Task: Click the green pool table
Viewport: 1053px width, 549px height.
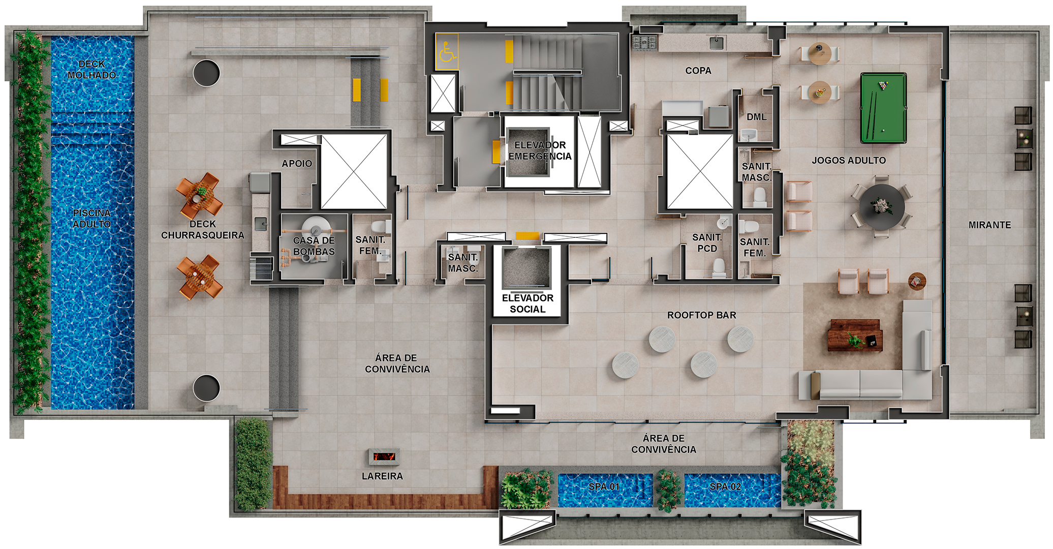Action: click(883, 108)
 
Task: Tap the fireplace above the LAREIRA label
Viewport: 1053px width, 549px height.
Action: click(384, 456)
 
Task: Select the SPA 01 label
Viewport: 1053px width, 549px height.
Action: click(604, 486)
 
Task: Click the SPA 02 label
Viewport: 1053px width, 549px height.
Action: click(725, 486)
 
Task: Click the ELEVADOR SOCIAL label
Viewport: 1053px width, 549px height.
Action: click(528, 303)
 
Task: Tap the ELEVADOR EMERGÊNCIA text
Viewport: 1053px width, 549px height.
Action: click(540, 150)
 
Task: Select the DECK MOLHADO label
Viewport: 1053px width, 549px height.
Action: click(92, 70)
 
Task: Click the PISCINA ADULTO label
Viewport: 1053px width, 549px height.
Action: click(91, 219)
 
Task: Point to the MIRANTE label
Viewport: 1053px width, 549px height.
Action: click(989, 225)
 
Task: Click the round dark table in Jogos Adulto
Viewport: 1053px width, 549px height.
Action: click(882, 206)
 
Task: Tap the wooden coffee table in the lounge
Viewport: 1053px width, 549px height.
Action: click(855, 335)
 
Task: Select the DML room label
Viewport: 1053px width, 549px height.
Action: click(756, 117)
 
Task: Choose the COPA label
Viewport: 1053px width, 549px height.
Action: click(698, 71)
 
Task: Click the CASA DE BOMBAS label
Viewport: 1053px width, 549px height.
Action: click(314, 246)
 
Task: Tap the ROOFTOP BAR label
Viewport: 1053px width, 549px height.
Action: click(701, 315)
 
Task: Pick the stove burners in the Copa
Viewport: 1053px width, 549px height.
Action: click(645, 42)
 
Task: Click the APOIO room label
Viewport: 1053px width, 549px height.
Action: click(297, 163)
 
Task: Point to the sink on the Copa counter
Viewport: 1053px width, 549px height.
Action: click(717, 42)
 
